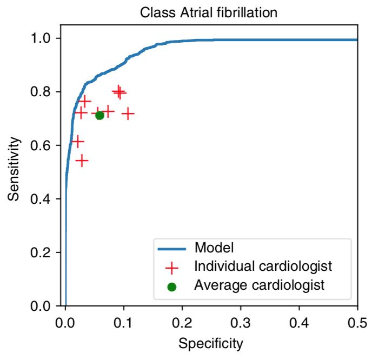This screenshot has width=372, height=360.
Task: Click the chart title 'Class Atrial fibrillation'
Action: pyautogui.click(x=208, y=12)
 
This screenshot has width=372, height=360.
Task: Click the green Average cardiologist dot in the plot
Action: pyautogui.click(x=99, y=115)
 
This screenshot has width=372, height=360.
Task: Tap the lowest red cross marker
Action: pyautogui.click(x=82, y=161)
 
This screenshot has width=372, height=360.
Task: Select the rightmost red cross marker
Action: pyautogui.click(x=128, y=114)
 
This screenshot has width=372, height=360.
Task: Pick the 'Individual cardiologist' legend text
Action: pyautogui.click(x=263, y=266)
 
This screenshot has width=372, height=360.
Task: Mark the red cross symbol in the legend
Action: pyautogui.click(x=172, y=268)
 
